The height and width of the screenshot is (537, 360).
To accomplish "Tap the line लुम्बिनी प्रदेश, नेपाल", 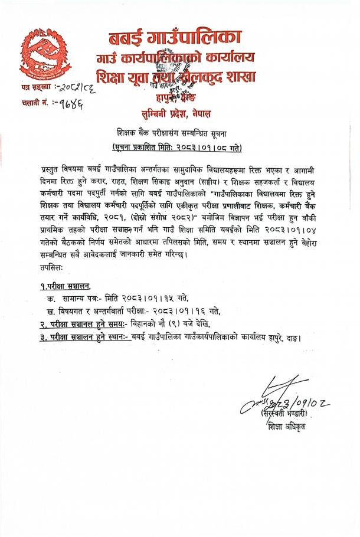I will pyautogui.click(x=179, y=112).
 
